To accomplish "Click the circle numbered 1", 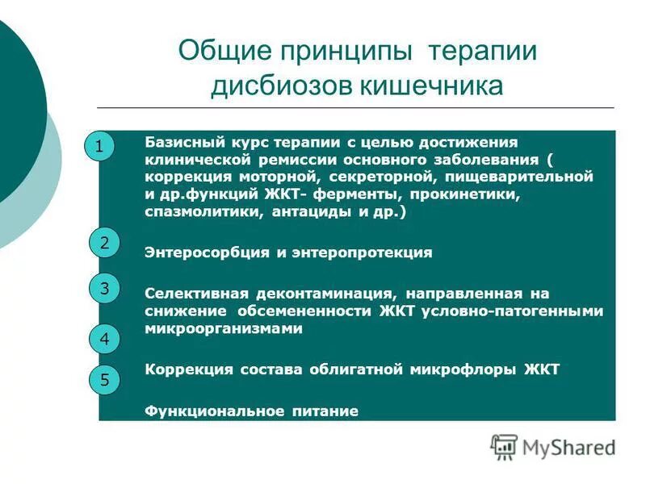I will pyautogui.click(x=99, y=147).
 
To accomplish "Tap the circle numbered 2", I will pyautogui.click(x=104, y=242).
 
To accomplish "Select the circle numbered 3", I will pyautogui.click(x=104, y=289).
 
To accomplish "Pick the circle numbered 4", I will pyautogui.click(x=104, y=340).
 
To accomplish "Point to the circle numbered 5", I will pyautogui.click(x=104, y=379).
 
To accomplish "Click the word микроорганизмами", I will pyautogui.click(x=224, y=328).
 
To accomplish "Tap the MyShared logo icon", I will pyautogui.click(x=504, y=446).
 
